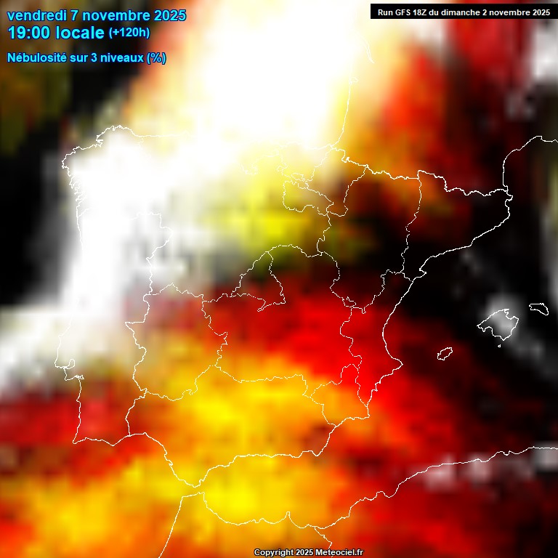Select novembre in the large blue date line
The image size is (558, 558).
click(x=117, y=15)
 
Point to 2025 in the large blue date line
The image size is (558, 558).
click(x=170, y=15)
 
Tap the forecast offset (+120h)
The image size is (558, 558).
click(x=129, y=33)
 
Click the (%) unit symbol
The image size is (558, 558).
click(x=156, y=57)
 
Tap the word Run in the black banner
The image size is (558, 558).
click(x=386, y=12)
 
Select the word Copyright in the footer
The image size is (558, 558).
click(x=273, y=553)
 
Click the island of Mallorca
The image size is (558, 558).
click(x=497, y=323)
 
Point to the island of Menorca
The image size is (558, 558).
click(x=538, y=309)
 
